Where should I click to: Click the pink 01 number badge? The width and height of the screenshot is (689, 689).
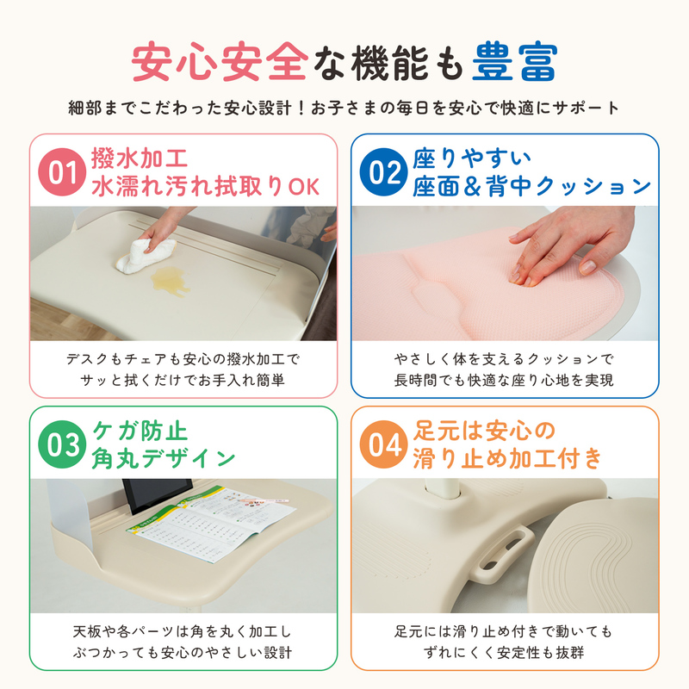pos(62,171)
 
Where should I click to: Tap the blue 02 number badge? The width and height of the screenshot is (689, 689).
pos(383,171)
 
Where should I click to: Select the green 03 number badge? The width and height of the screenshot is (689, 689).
pos(62,444)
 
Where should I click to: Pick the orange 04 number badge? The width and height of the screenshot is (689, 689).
pos(383,444)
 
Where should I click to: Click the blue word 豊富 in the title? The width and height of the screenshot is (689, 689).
pos(514,61)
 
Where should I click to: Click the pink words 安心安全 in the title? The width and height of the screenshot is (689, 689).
pos(220,61)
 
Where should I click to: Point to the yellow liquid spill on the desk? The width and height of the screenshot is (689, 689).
pos(170,281)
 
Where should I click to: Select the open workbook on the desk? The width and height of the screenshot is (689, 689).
pos(212,523)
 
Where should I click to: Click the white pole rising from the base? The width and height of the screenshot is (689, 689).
pos(443,488)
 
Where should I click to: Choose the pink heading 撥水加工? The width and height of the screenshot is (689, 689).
pos(140,158)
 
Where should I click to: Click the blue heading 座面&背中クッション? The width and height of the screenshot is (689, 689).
pos(531,186)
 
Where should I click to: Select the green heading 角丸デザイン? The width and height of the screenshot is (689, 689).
pos(164,459)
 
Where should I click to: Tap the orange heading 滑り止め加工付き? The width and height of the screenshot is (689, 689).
pos(507,459)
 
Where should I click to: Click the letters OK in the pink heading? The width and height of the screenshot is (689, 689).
pos(304,187)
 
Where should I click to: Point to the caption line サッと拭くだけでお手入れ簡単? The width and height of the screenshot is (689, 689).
pos(183,380)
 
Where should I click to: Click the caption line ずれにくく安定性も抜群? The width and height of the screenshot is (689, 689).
pos(504,653)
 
